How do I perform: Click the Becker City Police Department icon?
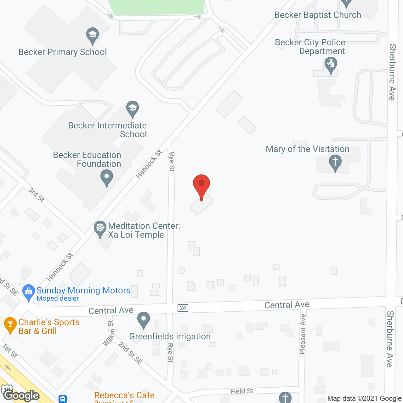click(x=331, y=65)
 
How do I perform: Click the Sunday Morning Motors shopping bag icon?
click(x=29, y=292)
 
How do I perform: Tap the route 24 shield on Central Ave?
click(x=183, y=308)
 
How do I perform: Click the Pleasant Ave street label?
click(x=303, y=334)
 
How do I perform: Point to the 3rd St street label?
click(x=36, y=195)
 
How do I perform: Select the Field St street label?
click(x=241, y=391)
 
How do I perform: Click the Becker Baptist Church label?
click(x=318, y=15)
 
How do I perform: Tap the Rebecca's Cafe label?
click(x=124, y=395)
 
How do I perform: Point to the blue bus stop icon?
click(x=63, y=399)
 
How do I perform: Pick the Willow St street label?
click(x=109, y=333)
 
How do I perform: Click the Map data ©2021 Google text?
click(x=364, y=399)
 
